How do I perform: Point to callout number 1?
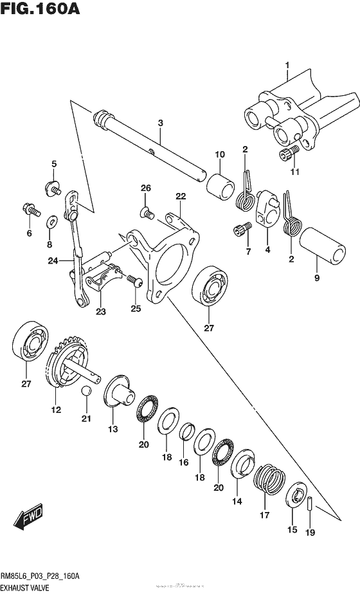[287, 64]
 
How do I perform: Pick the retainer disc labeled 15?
[298, 497]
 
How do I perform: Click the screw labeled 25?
[134, 279]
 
